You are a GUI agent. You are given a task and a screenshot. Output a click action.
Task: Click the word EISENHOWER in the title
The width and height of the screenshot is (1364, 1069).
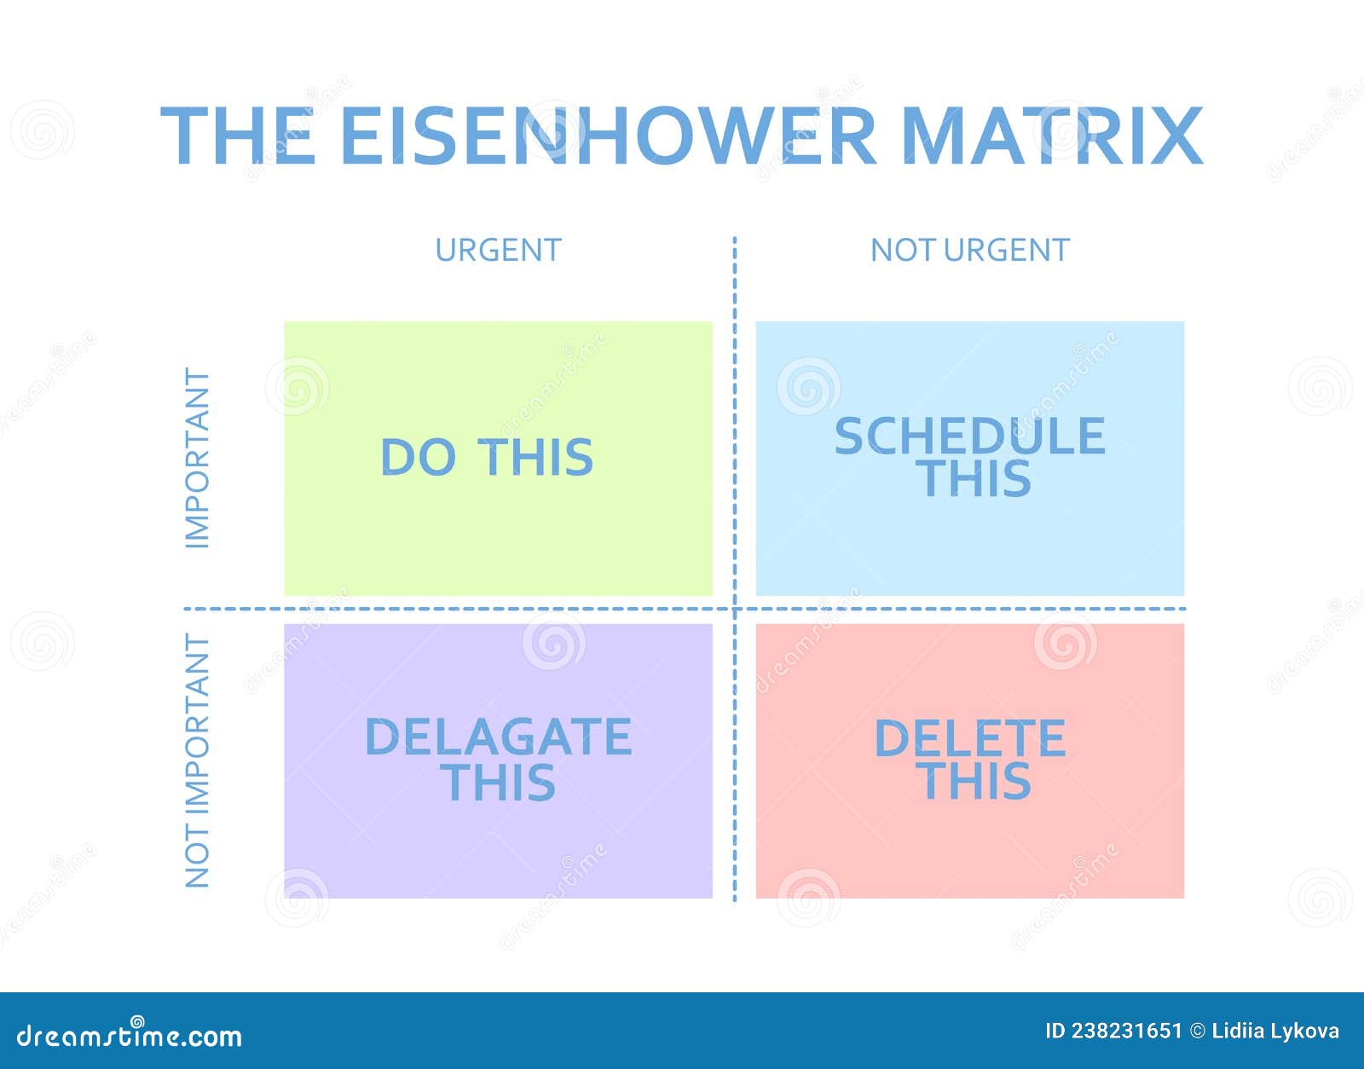(x=608, y=136)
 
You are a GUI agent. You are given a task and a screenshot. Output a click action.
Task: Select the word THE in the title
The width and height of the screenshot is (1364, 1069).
(x=238, y=136)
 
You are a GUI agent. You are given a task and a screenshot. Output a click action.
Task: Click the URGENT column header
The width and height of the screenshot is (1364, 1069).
(x=498, y=250)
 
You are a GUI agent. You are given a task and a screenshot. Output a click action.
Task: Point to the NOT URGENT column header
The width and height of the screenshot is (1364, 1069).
(x=969, y=250)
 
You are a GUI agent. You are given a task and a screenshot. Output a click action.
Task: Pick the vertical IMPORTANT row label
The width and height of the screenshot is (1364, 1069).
(x=197, y=458)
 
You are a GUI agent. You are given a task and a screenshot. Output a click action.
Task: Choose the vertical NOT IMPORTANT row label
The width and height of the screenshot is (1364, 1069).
(x=197, y=761)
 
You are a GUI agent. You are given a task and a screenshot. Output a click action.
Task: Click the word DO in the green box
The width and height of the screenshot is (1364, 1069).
(x=418, y=457)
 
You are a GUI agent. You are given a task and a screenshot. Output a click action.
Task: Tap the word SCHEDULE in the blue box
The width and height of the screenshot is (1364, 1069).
(x=969, y=436)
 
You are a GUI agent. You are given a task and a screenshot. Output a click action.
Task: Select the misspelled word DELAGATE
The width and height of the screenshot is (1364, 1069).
(x=498, y=737)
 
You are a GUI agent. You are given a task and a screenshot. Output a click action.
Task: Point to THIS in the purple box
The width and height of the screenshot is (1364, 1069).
(x=500, y=783)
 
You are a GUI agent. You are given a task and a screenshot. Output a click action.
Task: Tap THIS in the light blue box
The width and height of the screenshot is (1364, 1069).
(x=975, y=478)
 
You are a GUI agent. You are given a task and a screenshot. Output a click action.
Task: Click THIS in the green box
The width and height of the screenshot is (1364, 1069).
(x=535, y=457)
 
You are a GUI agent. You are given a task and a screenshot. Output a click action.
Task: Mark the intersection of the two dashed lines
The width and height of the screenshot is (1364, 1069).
(x=735, y=610)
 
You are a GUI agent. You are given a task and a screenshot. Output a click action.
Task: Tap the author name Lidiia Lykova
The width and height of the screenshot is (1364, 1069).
(x=1274, y=1031)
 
